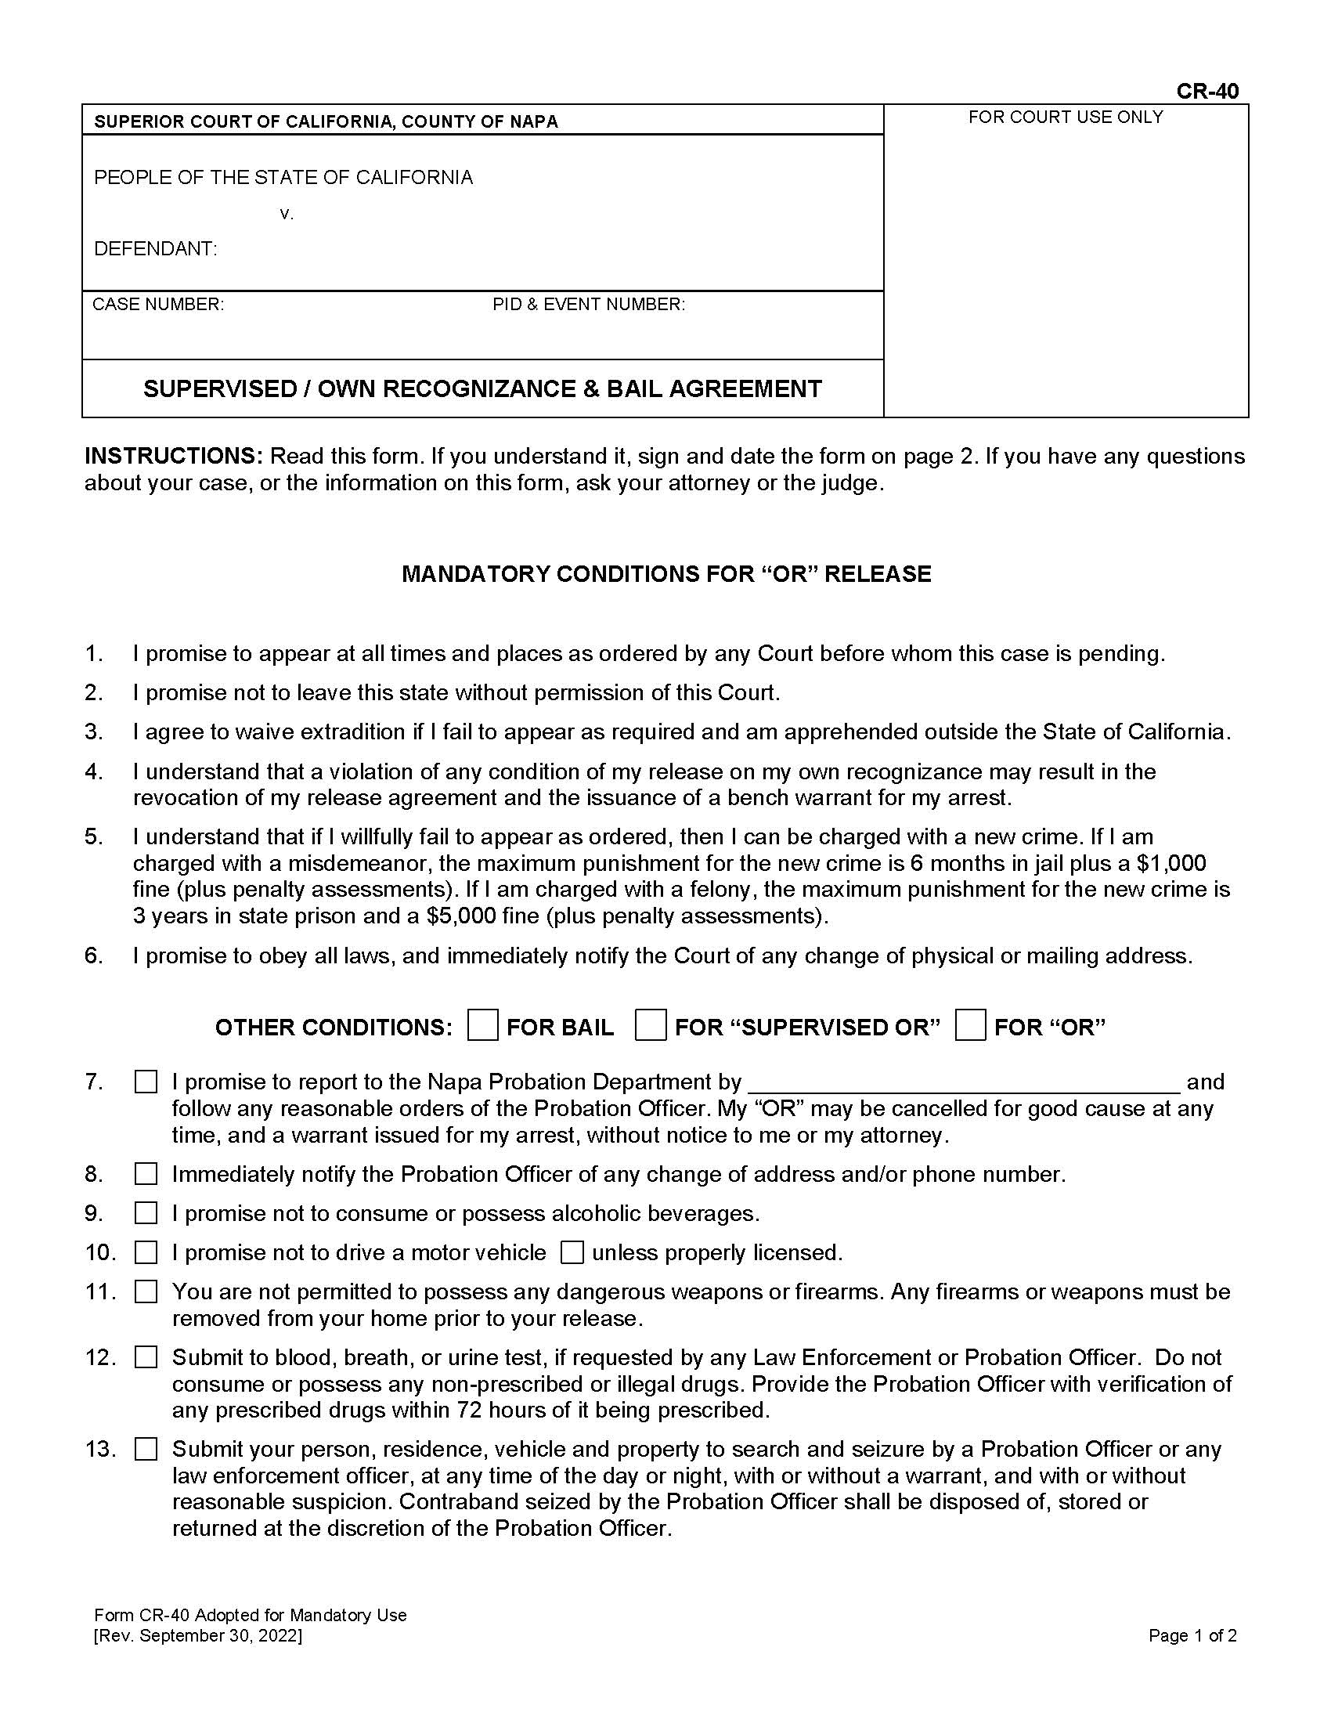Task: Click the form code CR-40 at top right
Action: [1207, 92]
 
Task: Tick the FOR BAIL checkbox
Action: [482, 1026]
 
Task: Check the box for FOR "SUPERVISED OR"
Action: [651, 1026]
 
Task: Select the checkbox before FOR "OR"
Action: [970, 1026]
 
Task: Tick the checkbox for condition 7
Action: [146, 1082]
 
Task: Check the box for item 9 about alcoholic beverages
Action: [146, 1213]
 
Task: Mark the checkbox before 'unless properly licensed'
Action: [572, 1253]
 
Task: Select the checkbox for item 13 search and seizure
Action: [146, 1449]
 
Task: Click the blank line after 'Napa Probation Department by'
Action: [962, 1082]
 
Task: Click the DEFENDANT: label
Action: [155, 249]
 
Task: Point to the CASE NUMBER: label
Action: [158, 305]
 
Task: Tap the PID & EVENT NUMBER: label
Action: [588, 305]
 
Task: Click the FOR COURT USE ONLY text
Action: [1066, 117]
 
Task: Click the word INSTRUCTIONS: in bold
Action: [173, 456]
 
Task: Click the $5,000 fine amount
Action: [460, 916]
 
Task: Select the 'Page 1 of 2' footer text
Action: [1192, 1635]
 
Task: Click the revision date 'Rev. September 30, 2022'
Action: [198, 1635]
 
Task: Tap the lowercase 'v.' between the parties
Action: [287, 214]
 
